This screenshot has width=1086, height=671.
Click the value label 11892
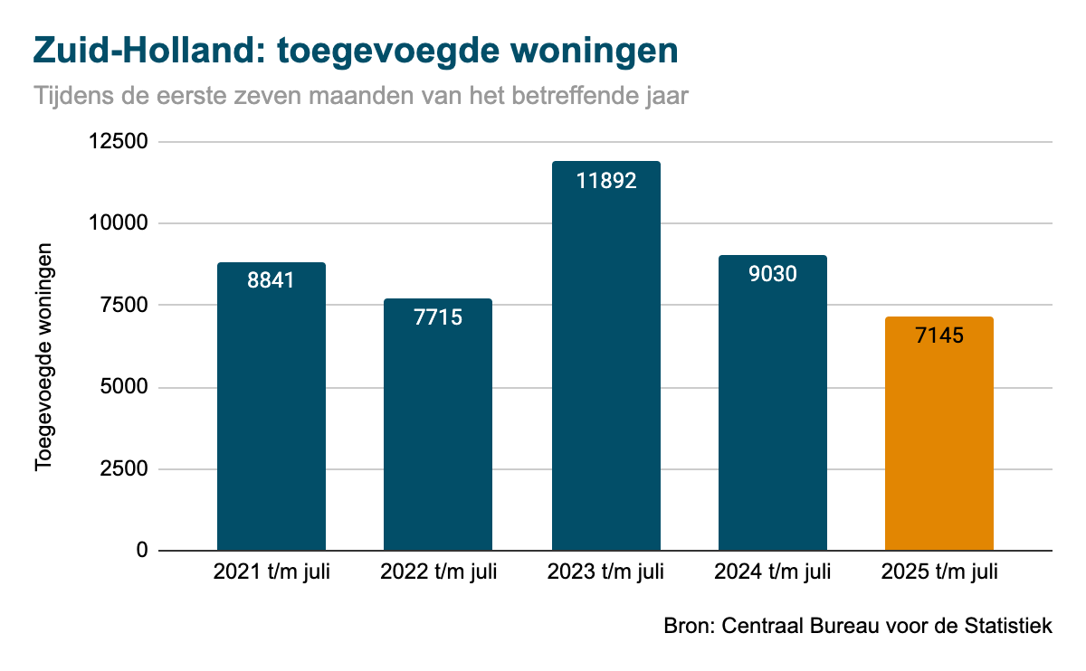[x=605, y=180]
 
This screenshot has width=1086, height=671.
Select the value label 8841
[x=271, y=280]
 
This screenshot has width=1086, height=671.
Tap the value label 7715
[x=438, y=317]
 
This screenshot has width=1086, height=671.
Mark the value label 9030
[x=772, y=273]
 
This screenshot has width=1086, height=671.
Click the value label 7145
[x=938, y=335]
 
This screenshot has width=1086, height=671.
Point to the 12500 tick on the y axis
[x=120, y=142]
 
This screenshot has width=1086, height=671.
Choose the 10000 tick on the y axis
[x=120, y=223]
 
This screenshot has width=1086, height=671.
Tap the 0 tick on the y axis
[x=142, y=551]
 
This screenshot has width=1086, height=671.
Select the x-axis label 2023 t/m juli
[x=605, y=572]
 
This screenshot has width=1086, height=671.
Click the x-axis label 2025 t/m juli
[x=938, y=572]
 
